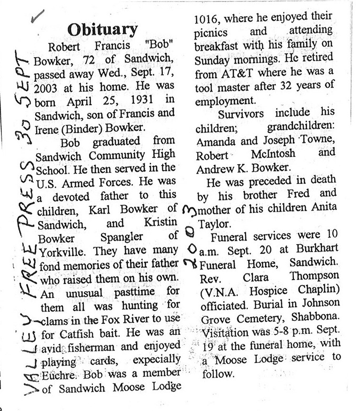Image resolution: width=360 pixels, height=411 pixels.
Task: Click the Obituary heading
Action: (x=102, y=29)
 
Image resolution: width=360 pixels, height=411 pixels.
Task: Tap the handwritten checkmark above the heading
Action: (x=37, y=15)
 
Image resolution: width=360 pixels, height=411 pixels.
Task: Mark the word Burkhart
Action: (x=317, y=249)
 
